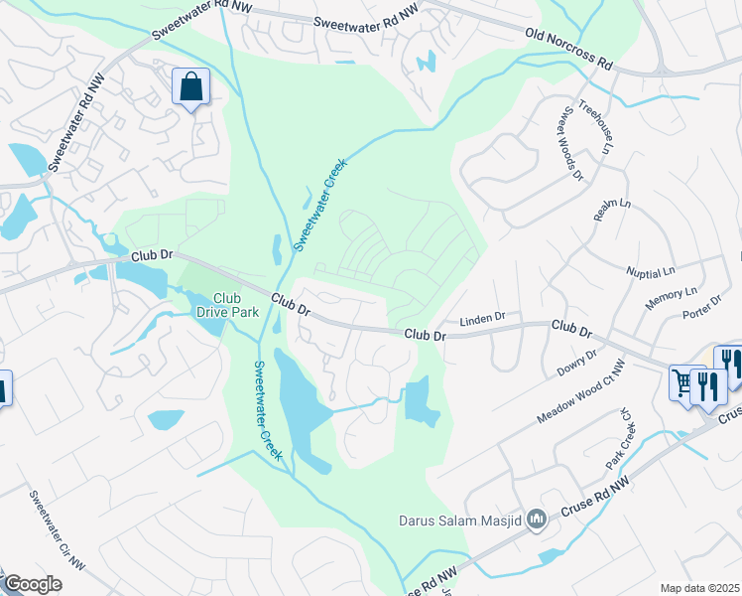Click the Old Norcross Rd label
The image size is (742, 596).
click(x=568, y=48)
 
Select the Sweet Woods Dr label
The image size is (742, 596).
click(x=572, y=144)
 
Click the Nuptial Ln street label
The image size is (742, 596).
click(x=651, y=270)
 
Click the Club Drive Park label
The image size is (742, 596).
click(x=228, y=305)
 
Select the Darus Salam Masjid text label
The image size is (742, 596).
click(x=461, y=519)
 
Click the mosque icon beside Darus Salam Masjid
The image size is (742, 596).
click(x=538, y=519)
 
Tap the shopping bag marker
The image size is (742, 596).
click(x=190, y=86)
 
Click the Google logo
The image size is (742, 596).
click(x=33, y=584)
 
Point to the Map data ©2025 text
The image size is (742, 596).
click(x=699, y=588)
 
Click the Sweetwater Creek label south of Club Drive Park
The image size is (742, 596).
click(x=267, y=408)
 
